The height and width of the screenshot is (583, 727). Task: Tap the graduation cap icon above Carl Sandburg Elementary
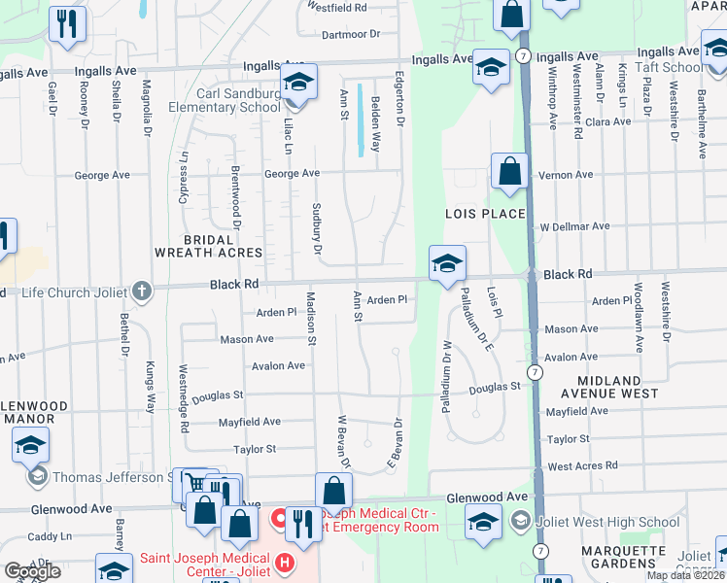(299, 82)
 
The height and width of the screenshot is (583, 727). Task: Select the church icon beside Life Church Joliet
(143, 290)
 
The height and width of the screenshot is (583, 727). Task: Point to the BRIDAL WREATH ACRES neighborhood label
(209, 246)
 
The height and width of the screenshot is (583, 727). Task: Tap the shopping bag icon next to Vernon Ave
(509, 172)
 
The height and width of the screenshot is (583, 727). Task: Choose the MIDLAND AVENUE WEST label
(609, 388)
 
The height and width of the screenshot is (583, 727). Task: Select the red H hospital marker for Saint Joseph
(284, 563)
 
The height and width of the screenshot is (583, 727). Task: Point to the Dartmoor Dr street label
(348, 33)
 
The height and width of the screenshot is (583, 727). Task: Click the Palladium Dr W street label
(448, 375)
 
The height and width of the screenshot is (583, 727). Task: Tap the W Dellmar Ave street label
(574, 226)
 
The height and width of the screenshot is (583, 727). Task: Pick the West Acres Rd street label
(582, 466)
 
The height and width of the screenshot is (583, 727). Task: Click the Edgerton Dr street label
(398, 98)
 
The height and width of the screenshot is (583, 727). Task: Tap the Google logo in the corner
(32, 571)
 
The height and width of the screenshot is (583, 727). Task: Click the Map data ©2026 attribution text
(685, 575)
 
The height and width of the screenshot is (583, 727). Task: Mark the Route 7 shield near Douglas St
(536, 372)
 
